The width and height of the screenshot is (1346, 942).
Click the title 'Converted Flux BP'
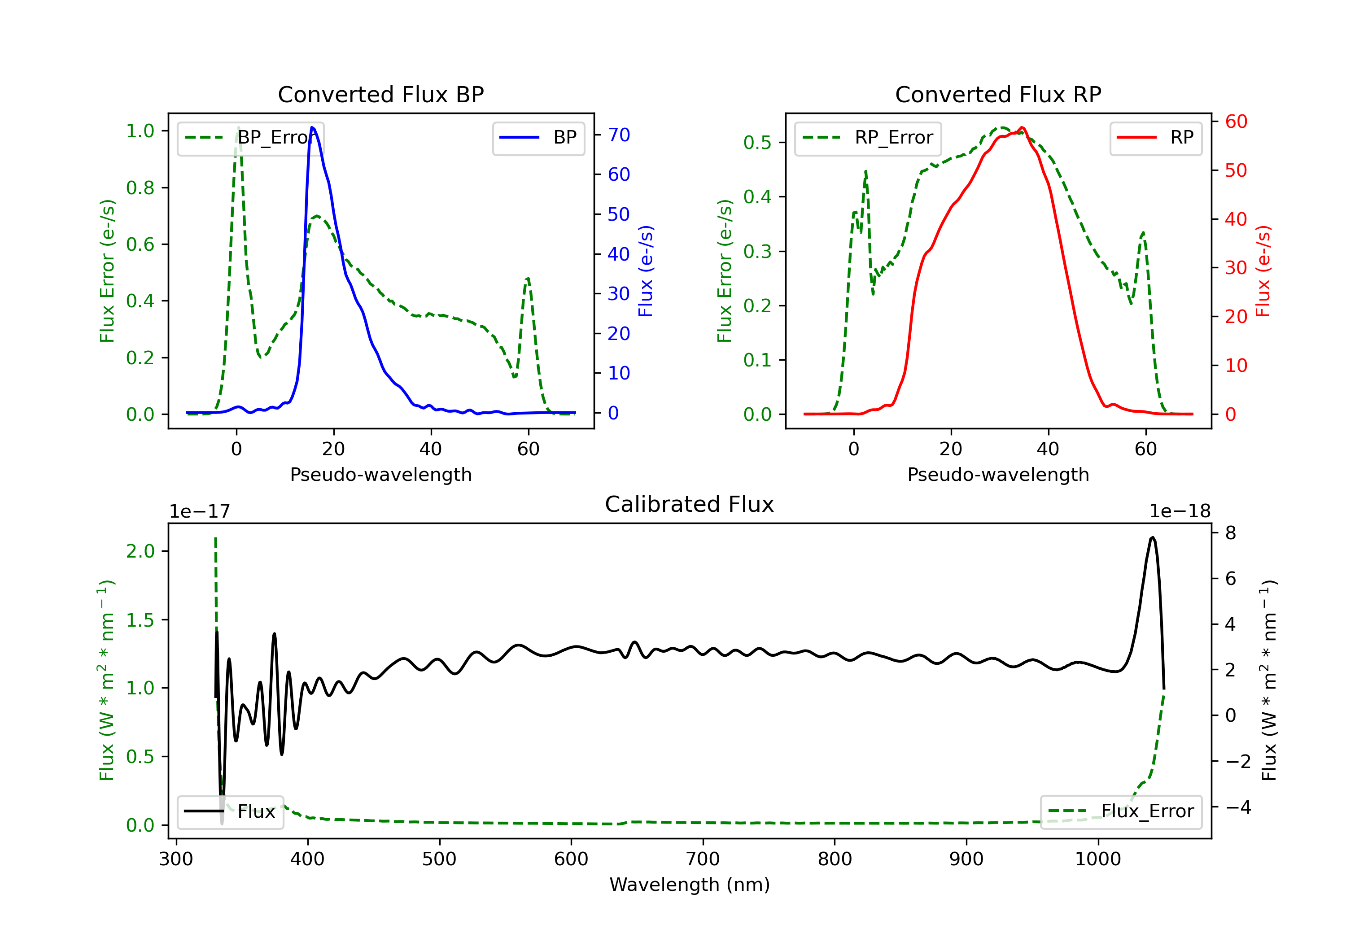coord(380,94)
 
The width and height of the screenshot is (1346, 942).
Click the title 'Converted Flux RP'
coord(998,94)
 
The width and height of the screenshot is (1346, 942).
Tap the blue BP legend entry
coord(538,138)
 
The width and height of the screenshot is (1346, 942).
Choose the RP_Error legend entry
coord(868,138)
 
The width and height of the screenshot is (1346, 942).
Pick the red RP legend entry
coord(1155,138)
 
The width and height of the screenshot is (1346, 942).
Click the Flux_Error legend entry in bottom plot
coord(1120,811)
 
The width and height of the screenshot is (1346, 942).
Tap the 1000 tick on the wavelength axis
coord(1097,859)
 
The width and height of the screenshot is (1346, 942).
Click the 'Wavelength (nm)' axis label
coord(690,885)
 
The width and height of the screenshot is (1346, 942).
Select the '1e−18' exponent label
coord(1180,511)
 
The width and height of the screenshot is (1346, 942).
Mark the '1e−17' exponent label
coord(199,511)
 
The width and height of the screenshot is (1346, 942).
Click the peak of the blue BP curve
coord(312,127)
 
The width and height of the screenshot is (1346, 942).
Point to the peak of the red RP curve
coord(1022,127)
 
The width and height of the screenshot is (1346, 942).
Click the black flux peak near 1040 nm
coord(1153,537)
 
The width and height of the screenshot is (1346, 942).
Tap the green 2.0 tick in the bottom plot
coord(140,551)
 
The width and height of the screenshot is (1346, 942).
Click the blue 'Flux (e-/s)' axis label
coord(646,271)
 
